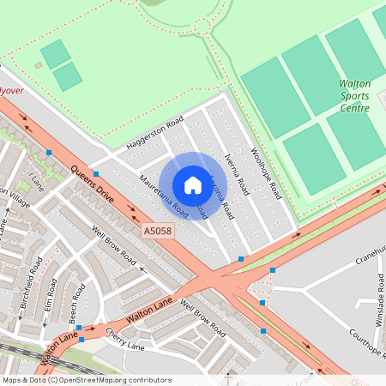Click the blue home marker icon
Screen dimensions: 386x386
click(x=193, y=184)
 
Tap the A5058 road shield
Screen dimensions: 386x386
click(x=156, y=232)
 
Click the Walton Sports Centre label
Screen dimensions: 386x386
click(x=353, y=96)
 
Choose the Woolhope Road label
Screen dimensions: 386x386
click(x=266, y=172)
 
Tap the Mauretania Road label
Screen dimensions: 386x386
click(x=163, y=192)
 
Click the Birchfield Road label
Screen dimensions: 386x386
click(x=34, y=276)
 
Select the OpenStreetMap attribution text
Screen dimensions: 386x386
click(x=87, y=379)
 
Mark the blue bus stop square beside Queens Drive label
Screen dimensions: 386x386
click(x=49, y=153)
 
